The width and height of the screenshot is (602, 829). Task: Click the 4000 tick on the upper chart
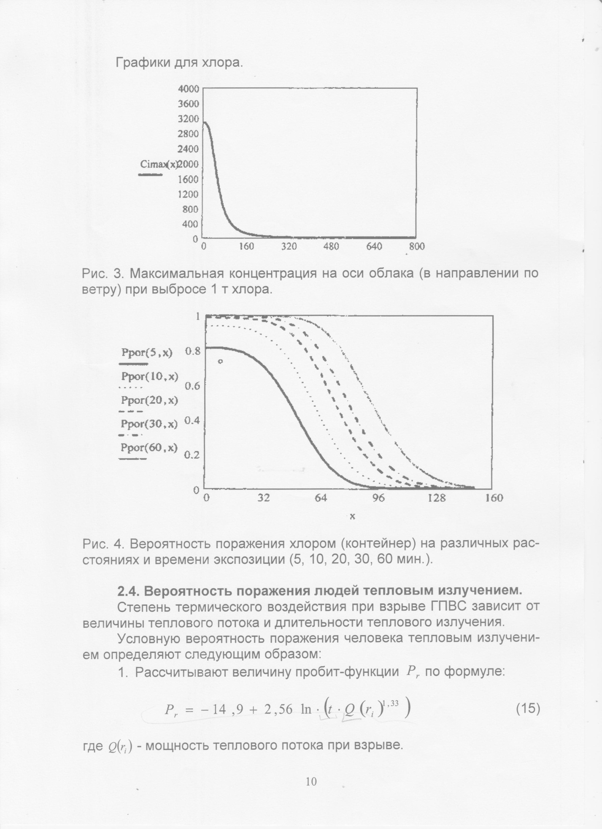(188, 89)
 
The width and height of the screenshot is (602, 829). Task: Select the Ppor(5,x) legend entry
(146, 353)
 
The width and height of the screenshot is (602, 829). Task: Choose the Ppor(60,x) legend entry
(149, 448)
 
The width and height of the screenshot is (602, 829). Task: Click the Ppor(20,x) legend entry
(149, 400)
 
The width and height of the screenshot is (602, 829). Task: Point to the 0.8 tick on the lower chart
(192, 351)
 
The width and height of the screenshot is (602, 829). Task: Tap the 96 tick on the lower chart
(378, 498)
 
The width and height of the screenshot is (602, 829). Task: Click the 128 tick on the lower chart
(436, 498)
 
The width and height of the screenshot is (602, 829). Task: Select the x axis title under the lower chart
(352, 516)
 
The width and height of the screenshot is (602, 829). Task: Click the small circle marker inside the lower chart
(220, 361)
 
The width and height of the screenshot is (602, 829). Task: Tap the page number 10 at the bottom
(311, 781)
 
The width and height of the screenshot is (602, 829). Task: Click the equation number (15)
(528, 708)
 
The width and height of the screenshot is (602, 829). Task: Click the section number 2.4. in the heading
(131, 590)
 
